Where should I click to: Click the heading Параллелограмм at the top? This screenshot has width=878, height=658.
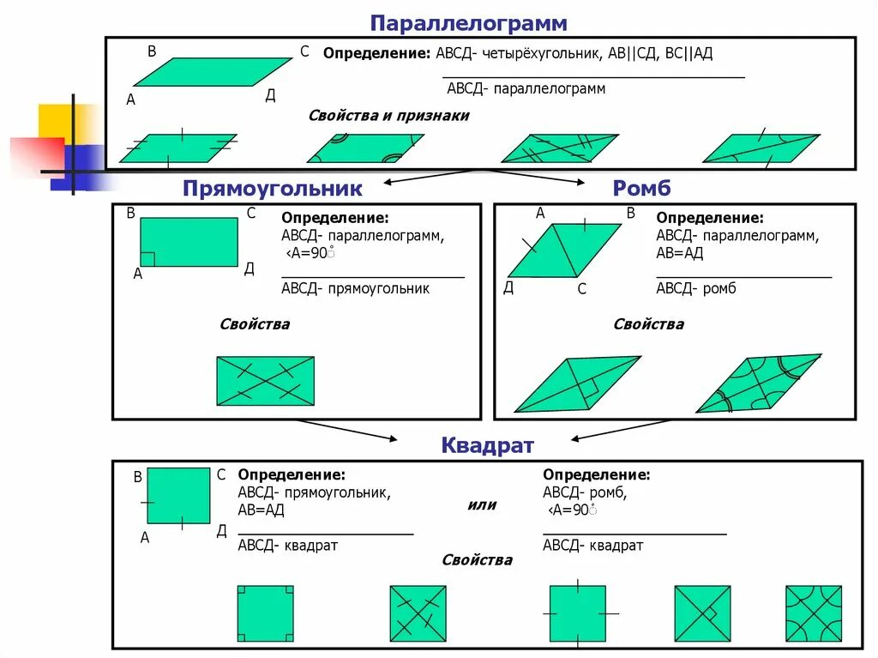pyautogui.click(x=468, y=22)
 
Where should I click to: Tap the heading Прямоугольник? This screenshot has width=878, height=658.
pyautogui.click(x=272, y=189)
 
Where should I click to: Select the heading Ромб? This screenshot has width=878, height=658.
pyautogui.click(x=641, y=189)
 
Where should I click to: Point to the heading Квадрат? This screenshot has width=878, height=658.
pyautogui.click(x=487, y=445)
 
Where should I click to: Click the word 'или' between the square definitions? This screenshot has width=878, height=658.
pyautogui.click(x=482, y=504)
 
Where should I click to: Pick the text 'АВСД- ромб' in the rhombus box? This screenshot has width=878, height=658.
pyautogui.click(x=696, y=288)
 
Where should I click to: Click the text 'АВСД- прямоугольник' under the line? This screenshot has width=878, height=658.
pyautogui.click(x=355, y=288)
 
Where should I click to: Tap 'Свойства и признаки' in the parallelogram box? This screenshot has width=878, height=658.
pyautogui.click(x=388, y=115)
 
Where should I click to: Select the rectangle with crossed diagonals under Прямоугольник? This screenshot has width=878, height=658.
pyautogui.click(x=265, y=381)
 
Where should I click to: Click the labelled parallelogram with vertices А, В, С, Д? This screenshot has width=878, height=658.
pyautogui.click(x=213, y=72)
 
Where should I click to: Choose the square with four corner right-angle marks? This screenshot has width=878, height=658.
pyautogui.click(x=265, y=613)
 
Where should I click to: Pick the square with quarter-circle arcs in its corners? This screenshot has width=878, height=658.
pyautogui.click(x=814, y=613)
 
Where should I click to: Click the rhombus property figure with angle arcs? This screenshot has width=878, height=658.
pyautogui.click(x=758, y=383)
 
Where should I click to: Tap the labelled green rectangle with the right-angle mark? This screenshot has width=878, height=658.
pyautogui.click(x=189, y=242)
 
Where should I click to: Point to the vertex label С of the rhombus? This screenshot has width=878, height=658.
pyautogui.click(x=581, y=290)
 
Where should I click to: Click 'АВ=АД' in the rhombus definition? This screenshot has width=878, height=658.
pyautogui.click(x=681, y=252)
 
